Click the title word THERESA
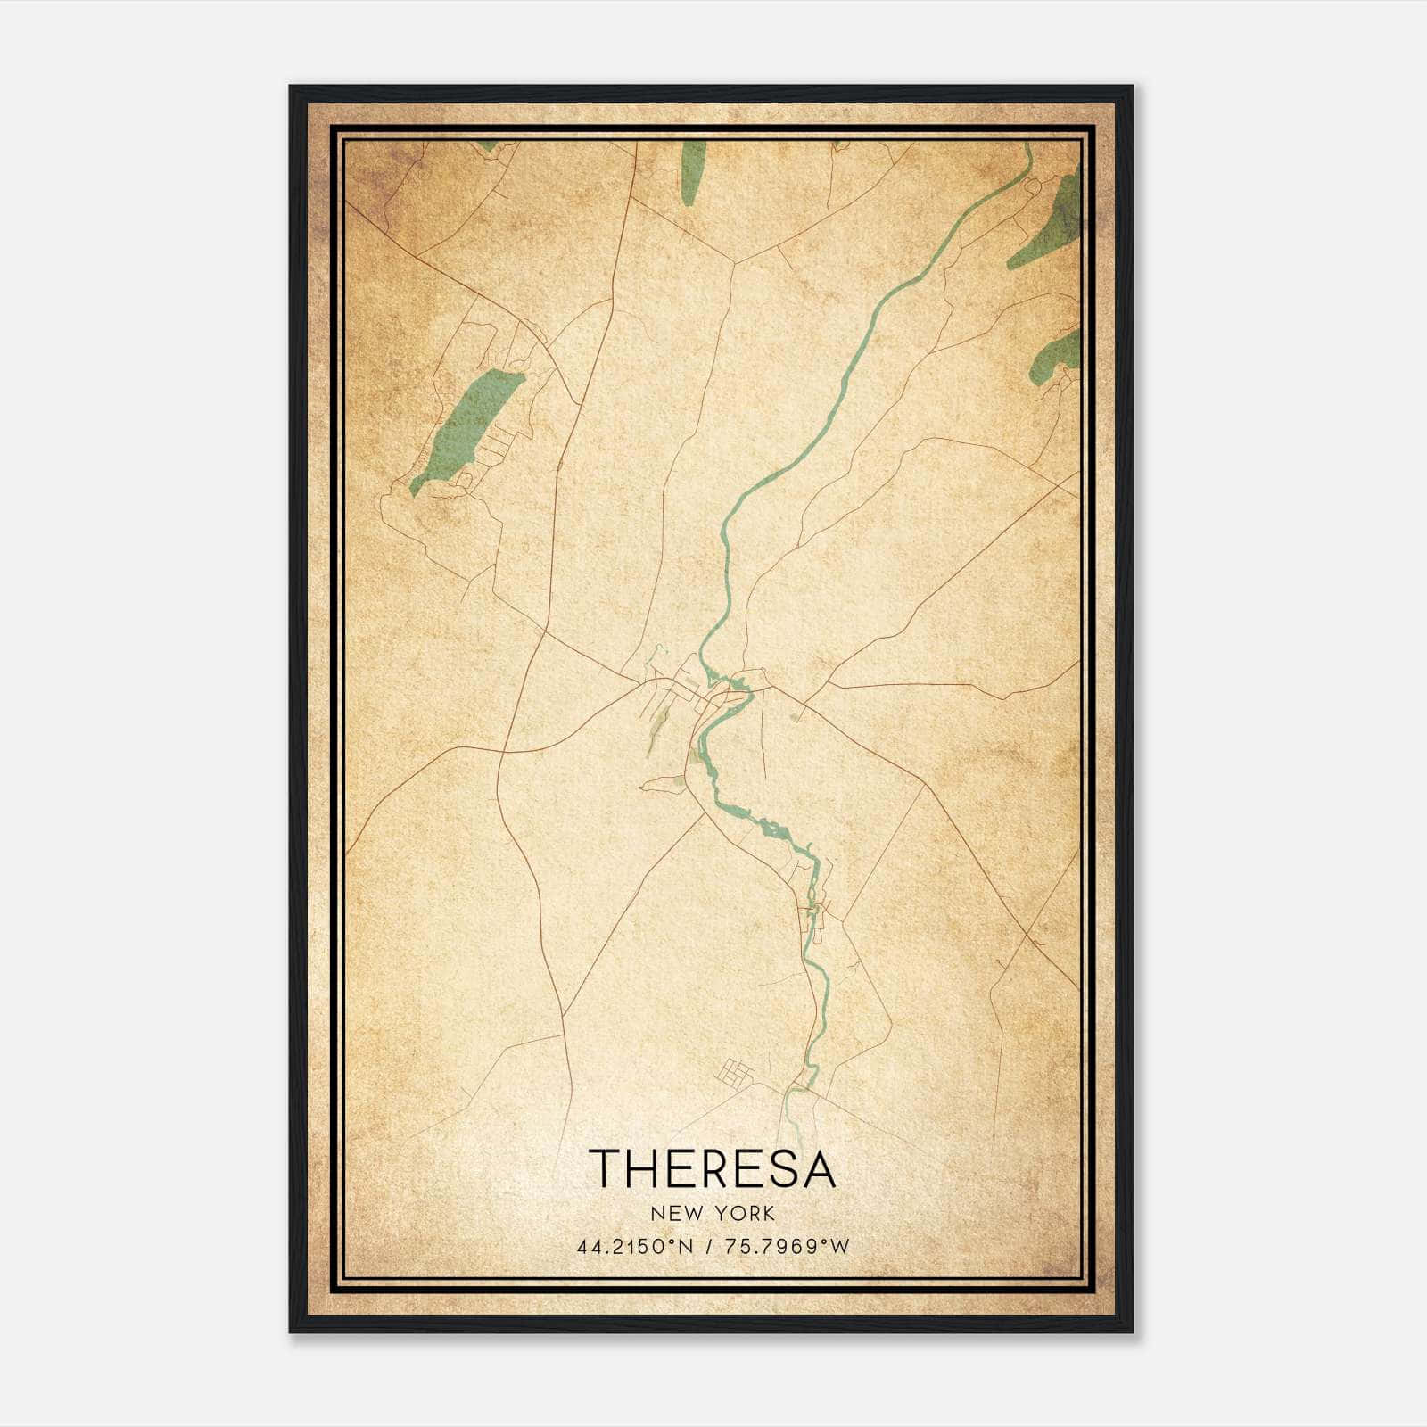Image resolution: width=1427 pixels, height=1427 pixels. tap(712, 1168)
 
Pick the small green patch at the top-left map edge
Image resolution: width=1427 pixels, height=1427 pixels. tap(487, 144)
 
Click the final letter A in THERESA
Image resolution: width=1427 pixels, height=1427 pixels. tap(818, 1168)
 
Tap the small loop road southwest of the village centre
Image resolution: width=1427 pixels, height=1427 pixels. tap(660, 784)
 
